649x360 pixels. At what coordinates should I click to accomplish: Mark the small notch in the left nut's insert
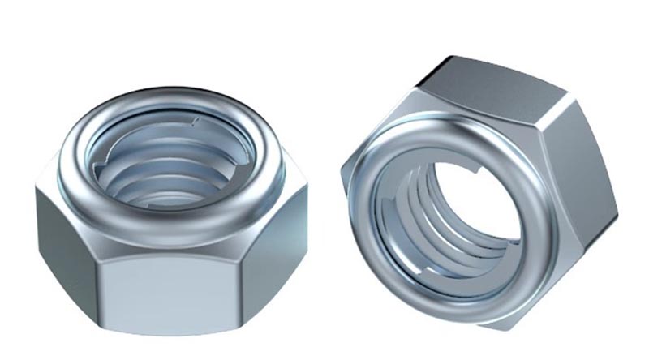(x=192, y=123)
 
